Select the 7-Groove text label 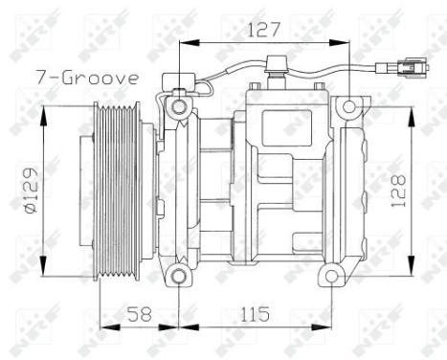[88, 77]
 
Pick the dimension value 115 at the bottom [254, 314]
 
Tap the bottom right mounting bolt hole [331, 277]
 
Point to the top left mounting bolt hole [178, 104]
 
